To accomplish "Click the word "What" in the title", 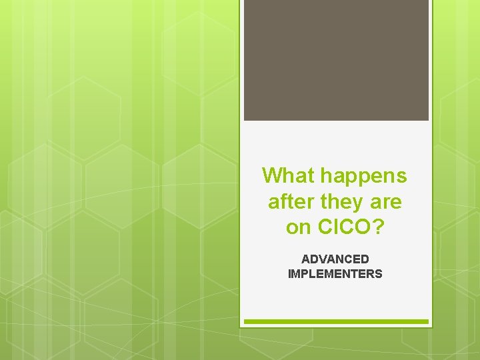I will (289, 176).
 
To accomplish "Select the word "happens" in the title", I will (363, 176).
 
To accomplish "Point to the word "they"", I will (339, 201).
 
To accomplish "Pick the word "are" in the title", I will (386, 201).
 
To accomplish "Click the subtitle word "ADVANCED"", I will (335, 259).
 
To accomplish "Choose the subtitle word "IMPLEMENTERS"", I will (335, 273).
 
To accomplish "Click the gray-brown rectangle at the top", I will (336, 60).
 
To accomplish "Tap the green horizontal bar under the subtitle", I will (336, 321).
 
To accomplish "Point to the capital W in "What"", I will (272, 176).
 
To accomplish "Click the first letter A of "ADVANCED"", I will (305, 259).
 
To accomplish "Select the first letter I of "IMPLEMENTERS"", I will (289, 273).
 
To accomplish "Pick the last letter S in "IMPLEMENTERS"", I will (379, 273).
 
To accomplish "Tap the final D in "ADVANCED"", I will (365, 259).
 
